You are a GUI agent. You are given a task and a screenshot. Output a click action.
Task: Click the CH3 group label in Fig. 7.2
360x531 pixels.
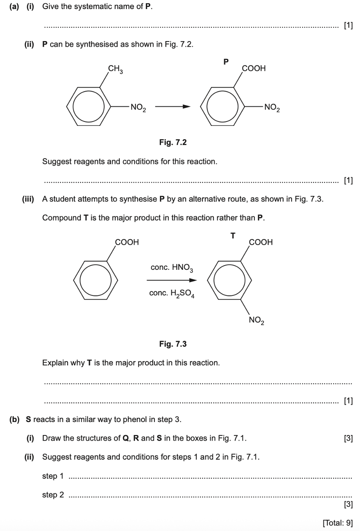[x=116, y=69]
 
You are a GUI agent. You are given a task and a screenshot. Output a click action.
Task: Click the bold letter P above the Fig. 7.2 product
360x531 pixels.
[x=226, y=62]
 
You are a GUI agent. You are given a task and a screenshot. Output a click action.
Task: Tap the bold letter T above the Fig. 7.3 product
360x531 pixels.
[x=233, y=236]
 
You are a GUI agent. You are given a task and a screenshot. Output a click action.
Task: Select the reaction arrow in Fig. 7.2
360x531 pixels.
[x=173, y=106]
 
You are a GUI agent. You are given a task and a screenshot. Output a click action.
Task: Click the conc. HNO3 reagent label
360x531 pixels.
[x=171, y=268]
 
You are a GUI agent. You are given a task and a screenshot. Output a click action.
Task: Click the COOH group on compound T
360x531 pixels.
[x=261, y=242]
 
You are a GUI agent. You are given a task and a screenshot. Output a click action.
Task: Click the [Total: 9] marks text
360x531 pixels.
[x=338, y=523]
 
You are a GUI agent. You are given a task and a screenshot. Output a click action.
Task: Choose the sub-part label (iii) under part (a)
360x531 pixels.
[x=29, y=199]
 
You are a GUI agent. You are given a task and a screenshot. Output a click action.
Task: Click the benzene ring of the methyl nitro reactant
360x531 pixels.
[x=87, y=106]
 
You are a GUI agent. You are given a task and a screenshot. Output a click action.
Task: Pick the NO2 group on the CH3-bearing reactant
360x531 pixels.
[x=138, y=107]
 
